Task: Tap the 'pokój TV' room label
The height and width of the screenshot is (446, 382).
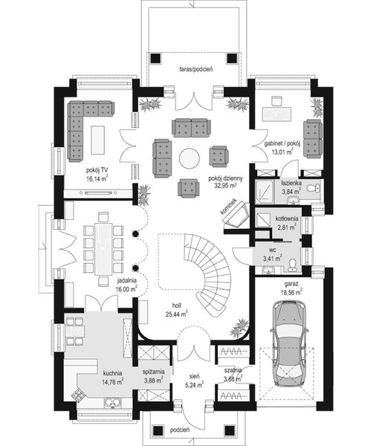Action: (97, 170)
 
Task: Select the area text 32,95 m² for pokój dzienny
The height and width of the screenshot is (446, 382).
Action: (226, 187)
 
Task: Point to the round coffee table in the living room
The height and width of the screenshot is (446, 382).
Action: (190, 158)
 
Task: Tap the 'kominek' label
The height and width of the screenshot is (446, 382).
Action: (229, 207)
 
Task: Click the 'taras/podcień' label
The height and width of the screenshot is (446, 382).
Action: (196, 69)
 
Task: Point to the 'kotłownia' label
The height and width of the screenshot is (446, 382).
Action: (288, 219)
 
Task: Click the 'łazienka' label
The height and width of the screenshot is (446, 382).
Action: (291, 182)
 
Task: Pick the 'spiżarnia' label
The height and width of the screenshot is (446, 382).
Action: (154, 372)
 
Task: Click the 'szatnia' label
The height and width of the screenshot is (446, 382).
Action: (233, 372)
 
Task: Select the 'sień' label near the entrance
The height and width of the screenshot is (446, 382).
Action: (192, 378)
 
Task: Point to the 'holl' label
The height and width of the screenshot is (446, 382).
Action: (177, 305)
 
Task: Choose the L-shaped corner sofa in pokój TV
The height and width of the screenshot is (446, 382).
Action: (81, 126)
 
